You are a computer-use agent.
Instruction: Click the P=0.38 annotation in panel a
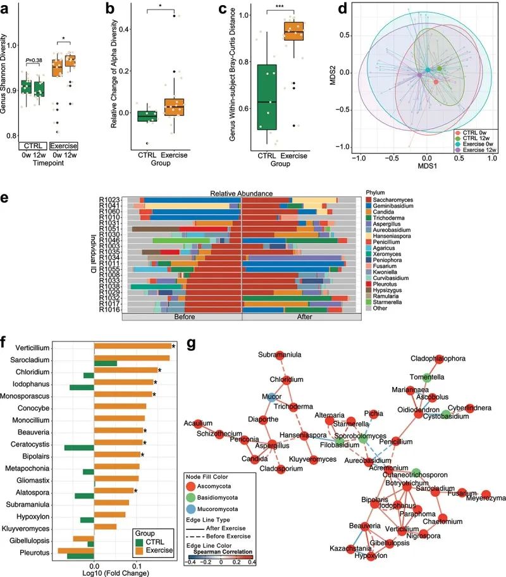[33, 61]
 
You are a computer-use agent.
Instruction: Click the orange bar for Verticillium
[133, 346]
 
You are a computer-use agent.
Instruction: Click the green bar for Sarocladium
[106, 363]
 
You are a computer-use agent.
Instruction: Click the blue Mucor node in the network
[271, 398]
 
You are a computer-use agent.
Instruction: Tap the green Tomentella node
[427, 377]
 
